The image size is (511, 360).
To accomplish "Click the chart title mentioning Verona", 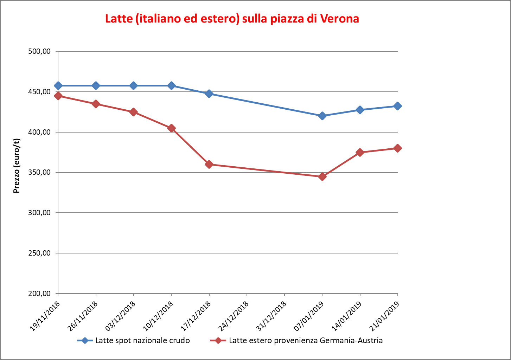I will tap(232, 19).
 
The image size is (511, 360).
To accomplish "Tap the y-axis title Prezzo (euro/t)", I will tap(17, 166).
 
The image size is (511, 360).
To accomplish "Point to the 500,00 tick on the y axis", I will tap(39, 51).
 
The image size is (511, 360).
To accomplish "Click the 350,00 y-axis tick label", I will tap(39, 173).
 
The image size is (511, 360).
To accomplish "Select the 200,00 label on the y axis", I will tap(39, 294).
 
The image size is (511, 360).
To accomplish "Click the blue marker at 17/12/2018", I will tap(209, 94).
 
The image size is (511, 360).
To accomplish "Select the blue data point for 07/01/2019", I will tap(322, 116).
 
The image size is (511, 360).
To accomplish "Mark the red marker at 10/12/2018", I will tap(171, 128).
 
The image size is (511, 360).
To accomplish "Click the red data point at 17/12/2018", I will tap(209, 164).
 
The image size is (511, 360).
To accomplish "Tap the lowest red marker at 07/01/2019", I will tap(322, 176).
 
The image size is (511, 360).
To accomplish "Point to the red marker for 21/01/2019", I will tap(398, 148).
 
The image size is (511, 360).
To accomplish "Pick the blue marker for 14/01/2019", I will tap(360, 110).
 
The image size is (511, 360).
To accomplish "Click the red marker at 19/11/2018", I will tap(58, 96).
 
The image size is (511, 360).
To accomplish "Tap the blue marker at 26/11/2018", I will tap(96, 85).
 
